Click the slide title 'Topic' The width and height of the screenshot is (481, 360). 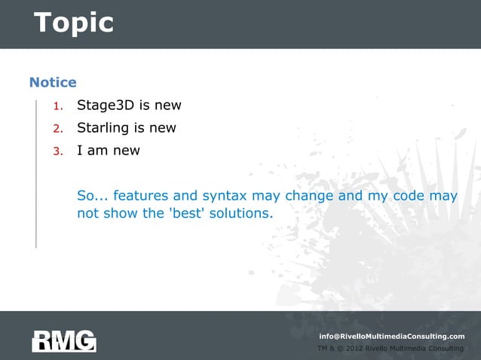pos(73,23)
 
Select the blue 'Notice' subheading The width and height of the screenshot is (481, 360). pos(53,81)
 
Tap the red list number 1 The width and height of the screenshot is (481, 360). pos(57,105)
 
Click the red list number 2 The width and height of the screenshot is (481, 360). pos(57,128)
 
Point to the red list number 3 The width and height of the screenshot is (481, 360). pos(57,151)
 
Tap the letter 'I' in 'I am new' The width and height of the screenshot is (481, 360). pos(80,150)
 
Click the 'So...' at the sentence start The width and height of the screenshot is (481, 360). pos(93,196)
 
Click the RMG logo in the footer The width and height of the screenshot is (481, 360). pos(64,340)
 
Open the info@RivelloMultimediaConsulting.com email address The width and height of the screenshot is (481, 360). pos(391,336)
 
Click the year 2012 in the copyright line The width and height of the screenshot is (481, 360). pos(353,349)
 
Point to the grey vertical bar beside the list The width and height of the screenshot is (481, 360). pos(35,173)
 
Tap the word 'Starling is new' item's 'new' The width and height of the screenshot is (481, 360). pos(161,128)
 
